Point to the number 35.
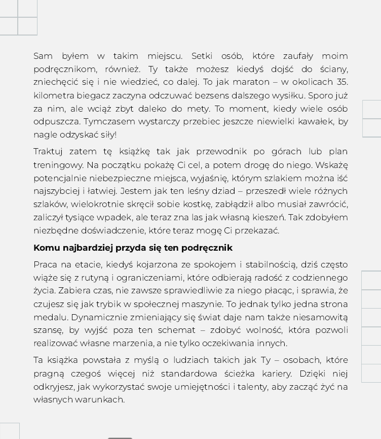[341, 82]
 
